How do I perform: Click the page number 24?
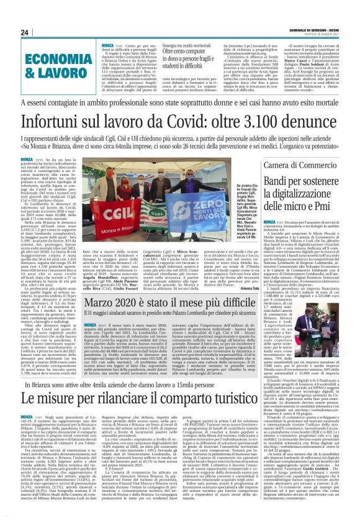point(25,32)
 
